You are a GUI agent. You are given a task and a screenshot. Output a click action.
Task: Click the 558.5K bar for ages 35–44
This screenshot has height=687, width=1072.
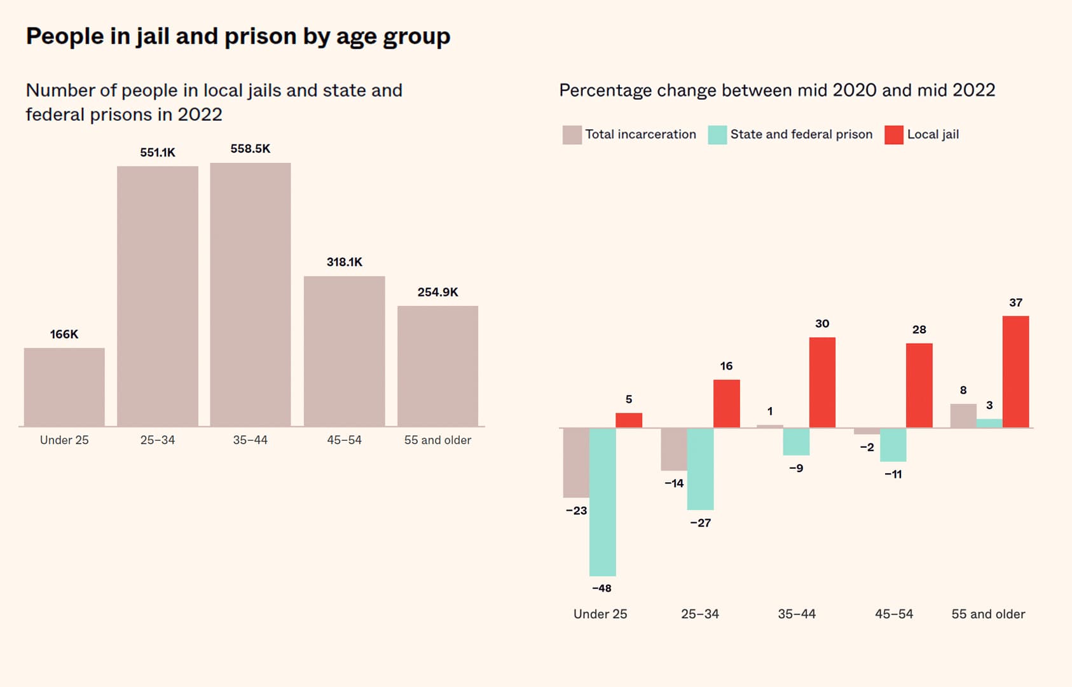[251, 295]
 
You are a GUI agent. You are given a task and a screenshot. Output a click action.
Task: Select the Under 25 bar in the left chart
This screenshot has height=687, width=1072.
[64, 387]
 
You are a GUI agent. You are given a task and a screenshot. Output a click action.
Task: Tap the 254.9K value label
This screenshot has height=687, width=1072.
[437, 293]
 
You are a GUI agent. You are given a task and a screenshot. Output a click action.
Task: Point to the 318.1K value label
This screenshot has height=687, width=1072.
[345, 262]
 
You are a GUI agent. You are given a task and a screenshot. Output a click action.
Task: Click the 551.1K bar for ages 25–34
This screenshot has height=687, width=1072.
[158, 296]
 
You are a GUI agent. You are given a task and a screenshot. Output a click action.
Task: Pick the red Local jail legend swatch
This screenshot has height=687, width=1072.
[893, 135]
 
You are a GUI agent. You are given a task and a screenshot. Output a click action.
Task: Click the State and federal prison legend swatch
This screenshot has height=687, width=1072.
[717, 135]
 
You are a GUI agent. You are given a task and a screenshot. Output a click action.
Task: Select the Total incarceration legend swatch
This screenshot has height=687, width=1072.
[572, 135]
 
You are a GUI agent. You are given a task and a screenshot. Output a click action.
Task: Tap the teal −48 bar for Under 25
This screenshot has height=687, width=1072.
[602, 502]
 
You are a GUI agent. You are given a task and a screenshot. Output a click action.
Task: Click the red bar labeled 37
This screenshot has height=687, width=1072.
[1015, 372]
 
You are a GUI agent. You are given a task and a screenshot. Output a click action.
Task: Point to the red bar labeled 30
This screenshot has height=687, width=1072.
[822, 382]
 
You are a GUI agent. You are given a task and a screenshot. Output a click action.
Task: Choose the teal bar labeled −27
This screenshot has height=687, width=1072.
[700, 469]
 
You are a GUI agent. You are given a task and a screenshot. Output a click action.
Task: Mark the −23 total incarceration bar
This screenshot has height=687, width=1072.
[576, 462]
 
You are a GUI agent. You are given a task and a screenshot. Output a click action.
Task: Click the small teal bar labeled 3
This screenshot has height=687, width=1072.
[989, 424]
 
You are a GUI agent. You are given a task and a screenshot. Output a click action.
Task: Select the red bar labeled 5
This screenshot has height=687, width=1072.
[629, 420]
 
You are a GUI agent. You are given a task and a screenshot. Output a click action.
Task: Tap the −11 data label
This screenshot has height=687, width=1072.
[893, 475]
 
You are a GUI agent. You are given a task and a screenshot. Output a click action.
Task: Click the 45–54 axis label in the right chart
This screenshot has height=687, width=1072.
[893, 614]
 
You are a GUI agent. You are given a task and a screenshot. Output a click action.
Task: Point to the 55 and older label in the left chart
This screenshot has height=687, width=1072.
[437, 440]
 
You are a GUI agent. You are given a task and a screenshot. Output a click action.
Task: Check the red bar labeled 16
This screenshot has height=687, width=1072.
[726, 404]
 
